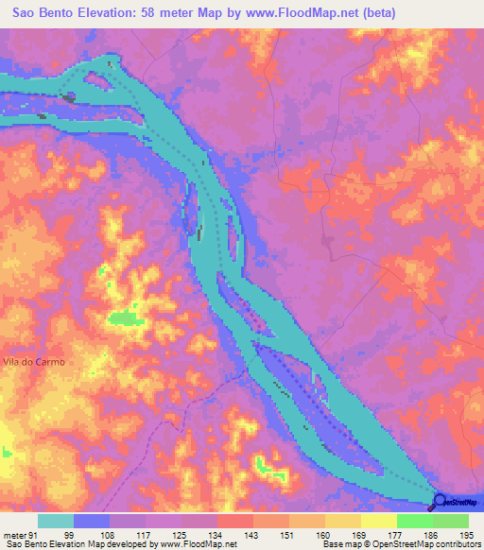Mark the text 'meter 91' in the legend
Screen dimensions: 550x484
20,534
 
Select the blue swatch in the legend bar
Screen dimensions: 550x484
92,521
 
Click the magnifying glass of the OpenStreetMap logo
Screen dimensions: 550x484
441,502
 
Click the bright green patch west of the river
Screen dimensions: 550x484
123,318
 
